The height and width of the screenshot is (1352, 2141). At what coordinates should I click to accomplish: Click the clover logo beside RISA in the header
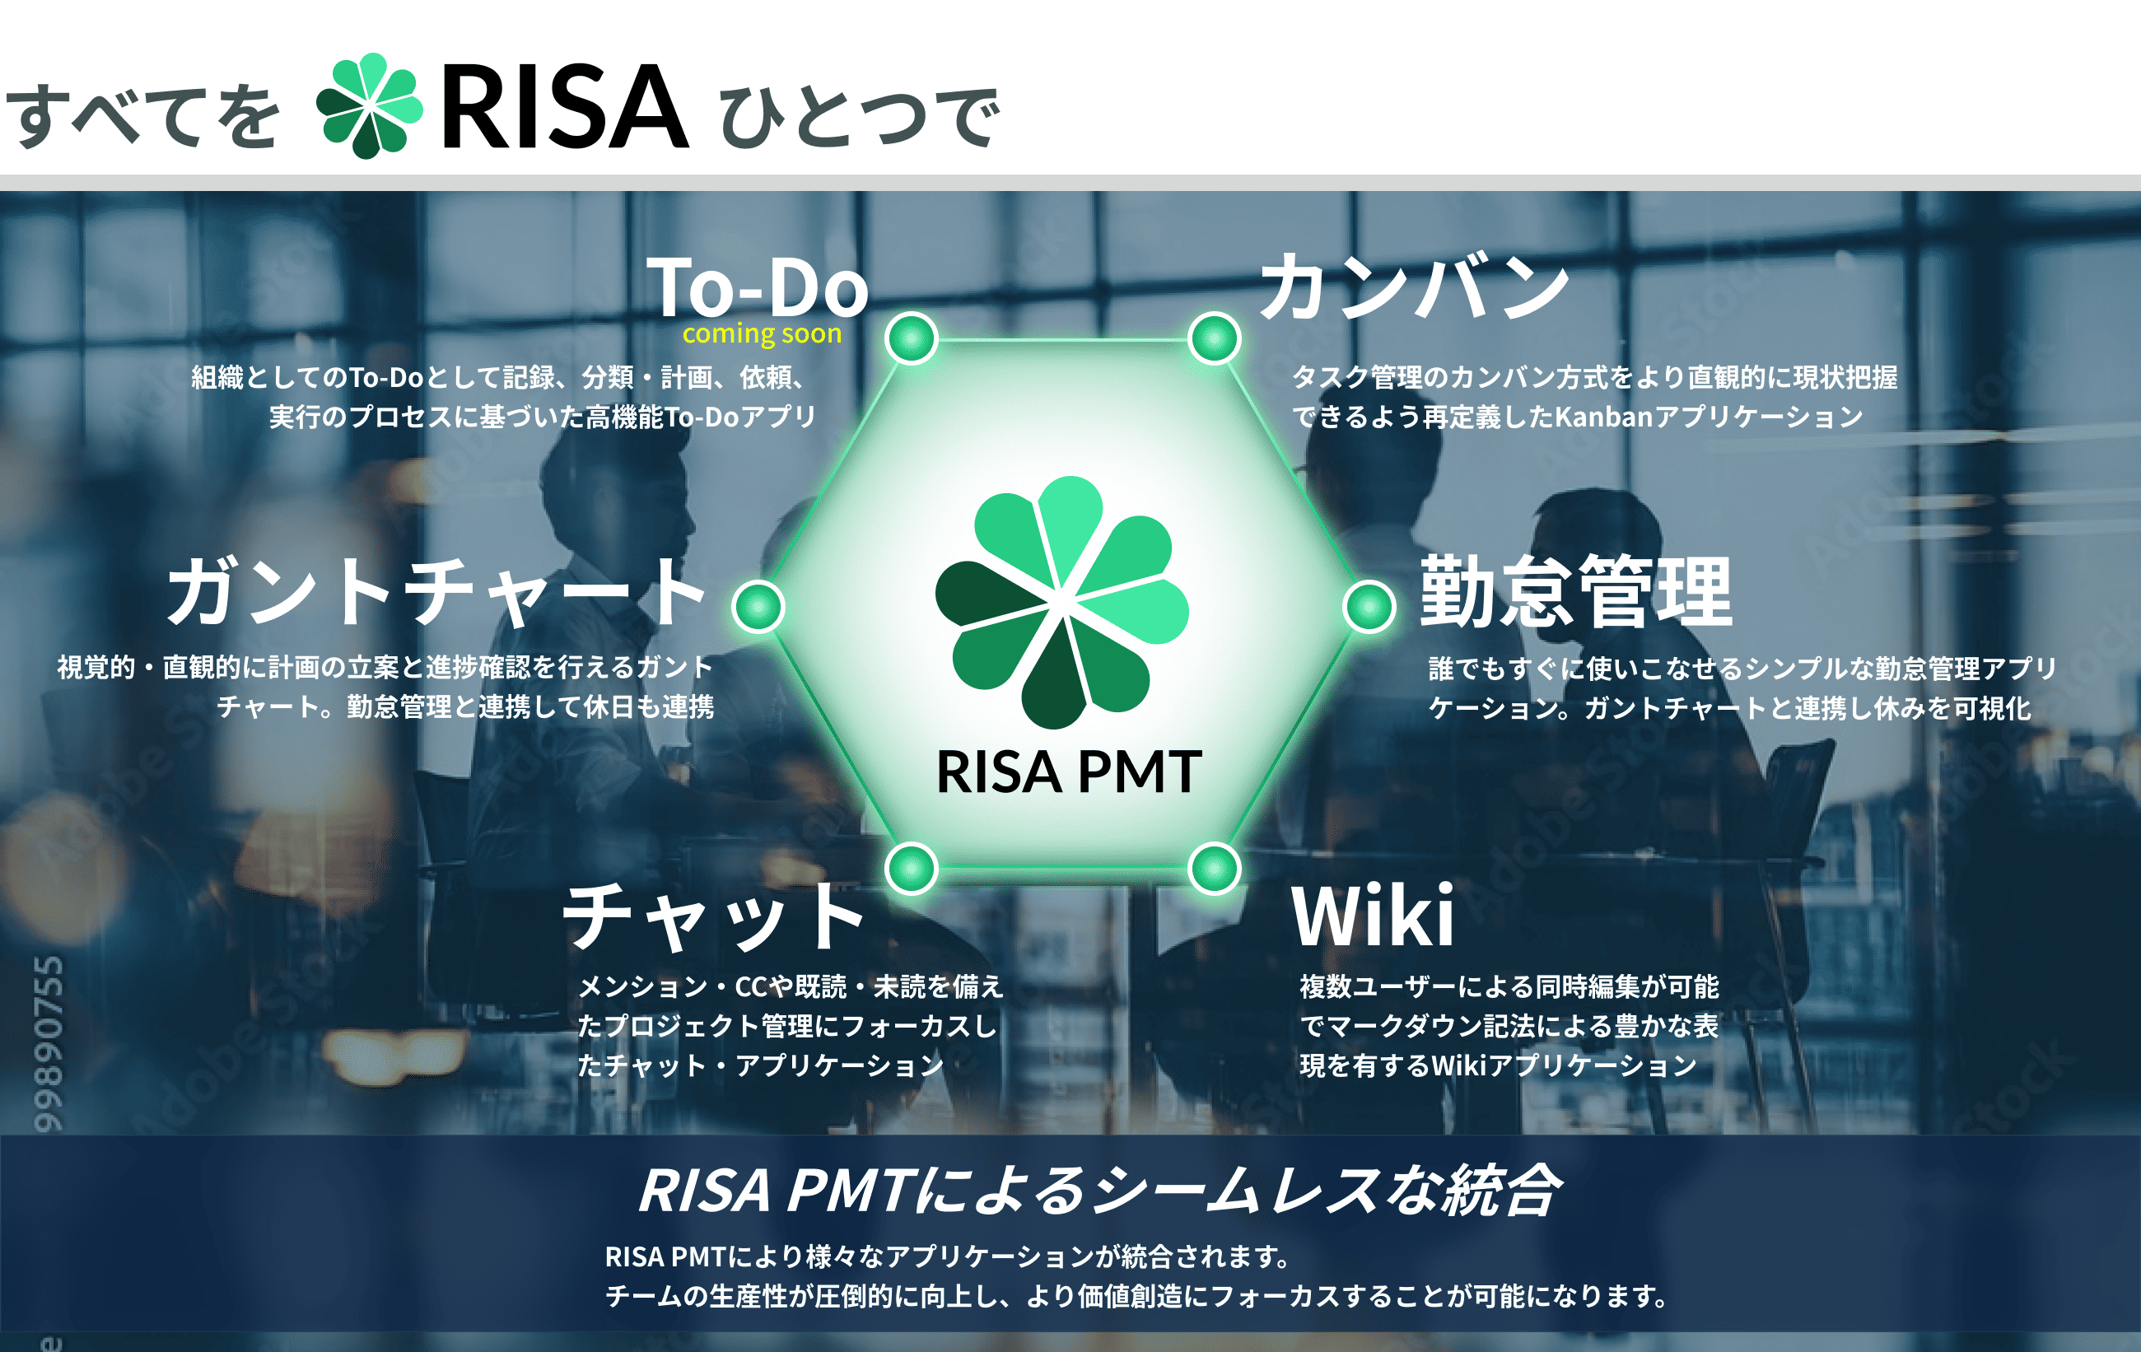[370, 105]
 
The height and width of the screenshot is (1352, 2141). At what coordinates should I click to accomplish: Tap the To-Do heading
[758, 287]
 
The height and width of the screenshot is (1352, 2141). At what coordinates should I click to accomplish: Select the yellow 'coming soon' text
[762, 333]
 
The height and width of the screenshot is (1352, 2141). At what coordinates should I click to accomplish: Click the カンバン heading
[1415, 286]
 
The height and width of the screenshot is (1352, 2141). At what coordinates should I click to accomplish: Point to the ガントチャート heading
[436, 590]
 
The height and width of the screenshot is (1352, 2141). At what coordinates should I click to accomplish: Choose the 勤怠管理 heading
[1575, 591]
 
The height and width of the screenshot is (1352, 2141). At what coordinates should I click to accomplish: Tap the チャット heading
[714, 916]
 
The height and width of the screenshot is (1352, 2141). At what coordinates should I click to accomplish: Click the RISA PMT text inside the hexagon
[1069, 772]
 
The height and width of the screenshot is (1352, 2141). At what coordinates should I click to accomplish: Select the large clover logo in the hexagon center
[1061, 603]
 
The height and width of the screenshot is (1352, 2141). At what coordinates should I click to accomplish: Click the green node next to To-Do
[912, 338]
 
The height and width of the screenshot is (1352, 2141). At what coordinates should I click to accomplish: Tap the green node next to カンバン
[1215, 338]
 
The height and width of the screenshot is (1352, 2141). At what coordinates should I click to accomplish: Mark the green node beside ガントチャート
[758, 607]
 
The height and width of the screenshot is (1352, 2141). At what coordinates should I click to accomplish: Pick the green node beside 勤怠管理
[1369, 607]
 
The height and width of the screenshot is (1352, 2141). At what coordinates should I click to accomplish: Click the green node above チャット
[912, 869]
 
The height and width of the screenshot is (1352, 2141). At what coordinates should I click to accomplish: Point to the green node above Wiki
[1215, 869]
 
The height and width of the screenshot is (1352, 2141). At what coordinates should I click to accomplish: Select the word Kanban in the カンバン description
[1603, 416]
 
